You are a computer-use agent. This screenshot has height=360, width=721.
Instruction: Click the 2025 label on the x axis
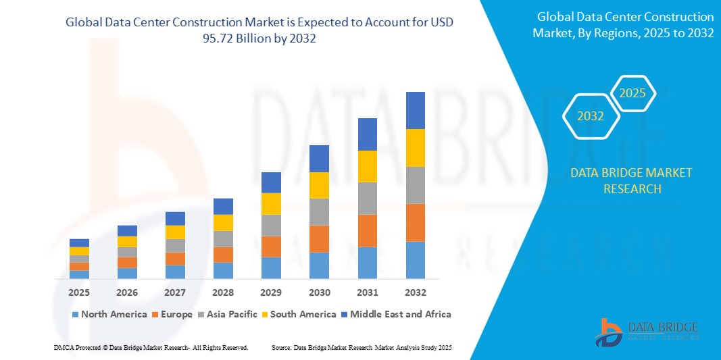[x=79, y=292]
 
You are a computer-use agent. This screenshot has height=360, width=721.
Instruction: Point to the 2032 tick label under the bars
[x=415, y=292]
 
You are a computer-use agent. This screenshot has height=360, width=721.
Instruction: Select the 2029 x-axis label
[x=271, y=292]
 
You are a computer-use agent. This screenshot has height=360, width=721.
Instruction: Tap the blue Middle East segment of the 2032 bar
[x=415, y=110]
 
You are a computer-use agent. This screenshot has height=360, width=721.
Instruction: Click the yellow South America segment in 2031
[x=367, y=166]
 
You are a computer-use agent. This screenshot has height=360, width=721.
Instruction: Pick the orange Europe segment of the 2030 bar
[x=319, y=238]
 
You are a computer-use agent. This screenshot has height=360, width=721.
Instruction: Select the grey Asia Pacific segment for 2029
[x=271, y=225]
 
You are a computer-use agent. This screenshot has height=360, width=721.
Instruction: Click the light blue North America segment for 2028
[x=223, y=270]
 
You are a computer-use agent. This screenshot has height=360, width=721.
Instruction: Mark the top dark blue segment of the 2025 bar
[x=79, y=242]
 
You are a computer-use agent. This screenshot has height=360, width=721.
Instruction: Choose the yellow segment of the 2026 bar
[x=127, y=241]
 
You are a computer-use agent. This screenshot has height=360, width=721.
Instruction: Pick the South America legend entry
[x=302, y=314]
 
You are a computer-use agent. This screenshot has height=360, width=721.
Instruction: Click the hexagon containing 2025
[x=632, y=93]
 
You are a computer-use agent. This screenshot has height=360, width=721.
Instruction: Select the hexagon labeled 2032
[x=591, y=116]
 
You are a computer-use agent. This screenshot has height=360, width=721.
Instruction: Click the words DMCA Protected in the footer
[x=76, y=347]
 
